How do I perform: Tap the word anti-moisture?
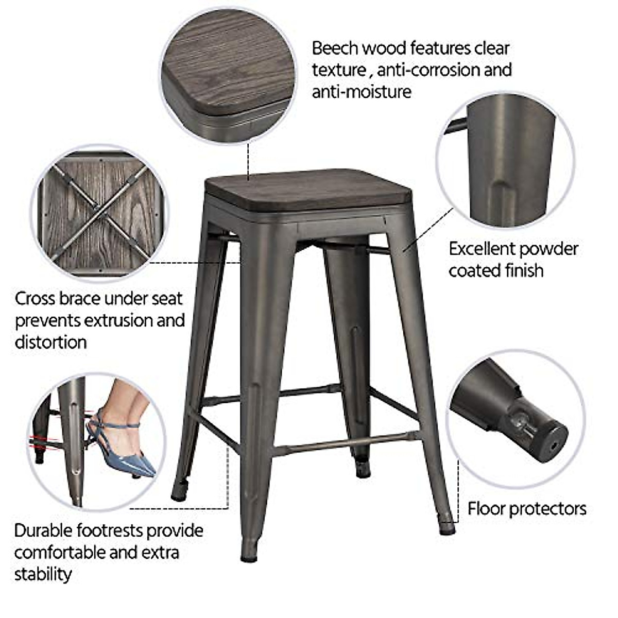362,92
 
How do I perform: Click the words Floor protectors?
526,509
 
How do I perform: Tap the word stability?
42,574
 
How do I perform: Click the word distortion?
50,342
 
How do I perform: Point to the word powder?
548,249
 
